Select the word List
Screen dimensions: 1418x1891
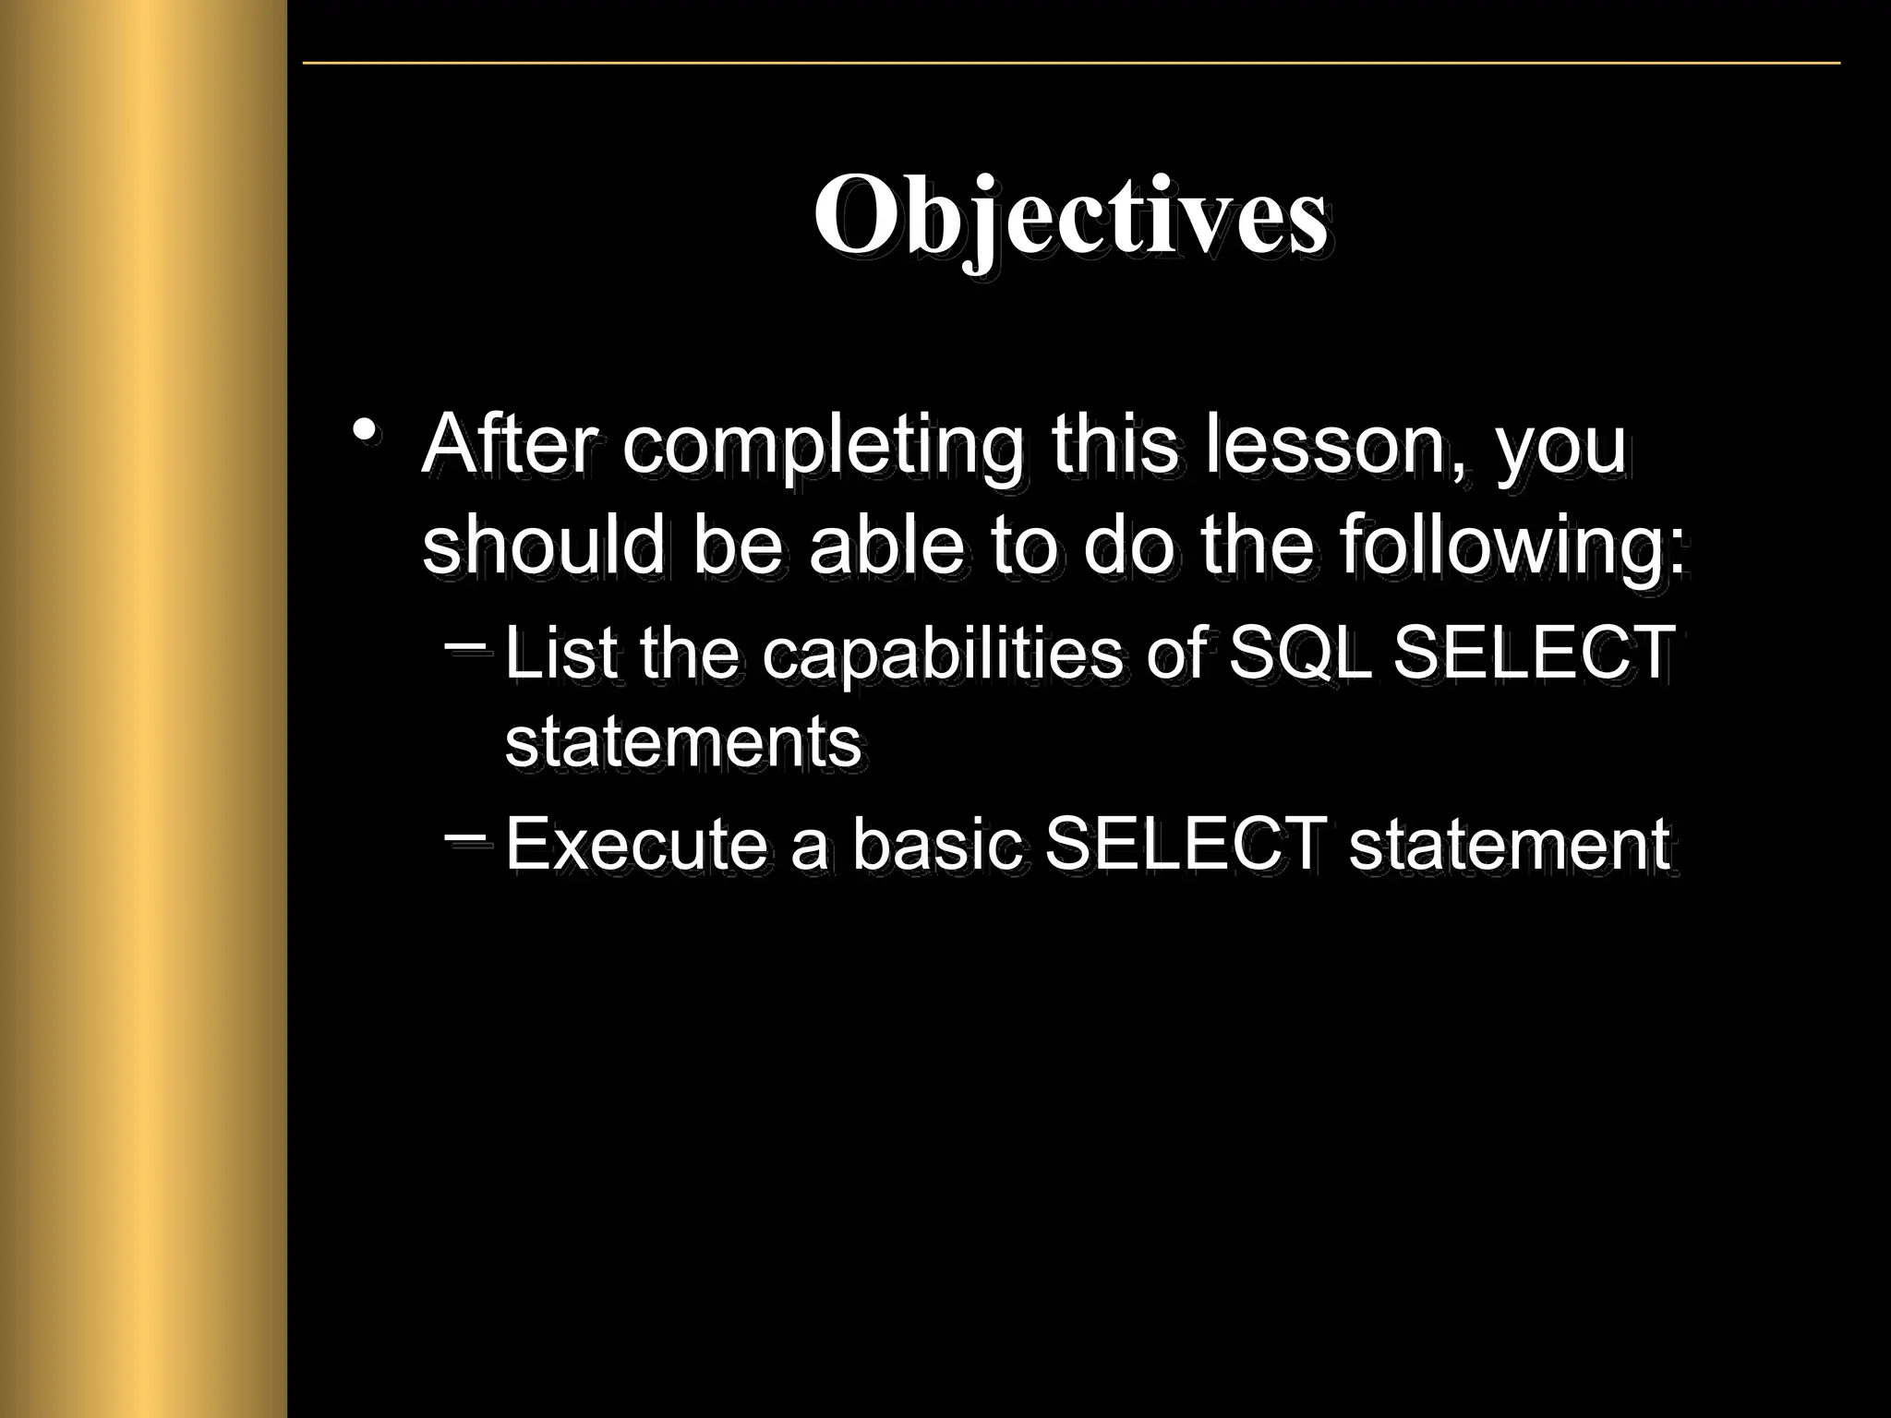560,652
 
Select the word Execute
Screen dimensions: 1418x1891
636,844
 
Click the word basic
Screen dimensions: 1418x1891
936,844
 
